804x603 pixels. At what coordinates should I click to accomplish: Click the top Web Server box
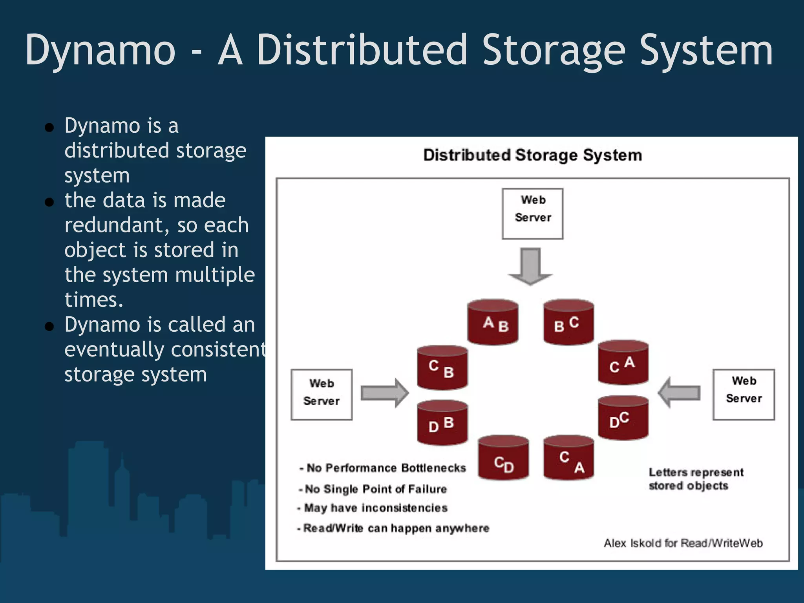pyautogui.click(x=532, y=214)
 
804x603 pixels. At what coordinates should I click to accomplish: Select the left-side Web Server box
pyautogui.click(x=322, y=395)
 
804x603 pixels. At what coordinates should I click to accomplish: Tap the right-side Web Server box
pyautogui.click(x=744, y=394)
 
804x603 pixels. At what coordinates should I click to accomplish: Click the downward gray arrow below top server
pyautogui.click(x=530, y=266)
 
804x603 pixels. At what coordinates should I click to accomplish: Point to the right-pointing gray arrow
pyautogui.click(x=384, y=393)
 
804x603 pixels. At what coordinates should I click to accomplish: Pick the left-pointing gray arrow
pyautogui.click(x=679, y=392)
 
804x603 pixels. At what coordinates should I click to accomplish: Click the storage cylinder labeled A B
pyautogui.click(x=493, y=323)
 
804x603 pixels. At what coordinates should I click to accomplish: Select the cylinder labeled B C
pyautogui.click(x=568, y=323)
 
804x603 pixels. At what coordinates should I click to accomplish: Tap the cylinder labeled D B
pyautogui.click(x=442, y=423)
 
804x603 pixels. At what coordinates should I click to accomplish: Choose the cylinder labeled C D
pyautogui.click(x=503, y=459)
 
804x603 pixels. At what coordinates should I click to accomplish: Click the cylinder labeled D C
pyautogui.click(x=623, y=418)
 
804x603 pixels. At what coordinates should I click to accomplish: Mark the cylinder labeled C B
pyautogui.click(x=442, y=368)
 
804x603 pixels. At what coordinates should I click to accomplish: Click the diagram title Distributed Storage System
pyautogui.click(x=533, y=155)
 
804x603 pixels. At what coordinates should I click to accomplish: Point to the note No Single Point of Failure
pyautogui.click(x=376, y=489)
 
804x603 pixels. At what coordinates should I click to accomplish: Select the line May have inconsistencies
pyautogui.click(x=375, y=508)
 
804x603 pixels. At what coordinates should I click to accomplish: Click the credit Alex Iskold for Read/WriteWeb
pyautogui.click(x=683, y=543)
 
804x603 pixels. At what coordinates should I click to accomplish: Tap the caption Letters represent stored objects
pyautogui.click(x=695, y=479)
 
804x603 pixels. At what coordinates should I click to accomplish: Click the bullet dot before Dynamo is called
pyautogui.click(x=49, y=326)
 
